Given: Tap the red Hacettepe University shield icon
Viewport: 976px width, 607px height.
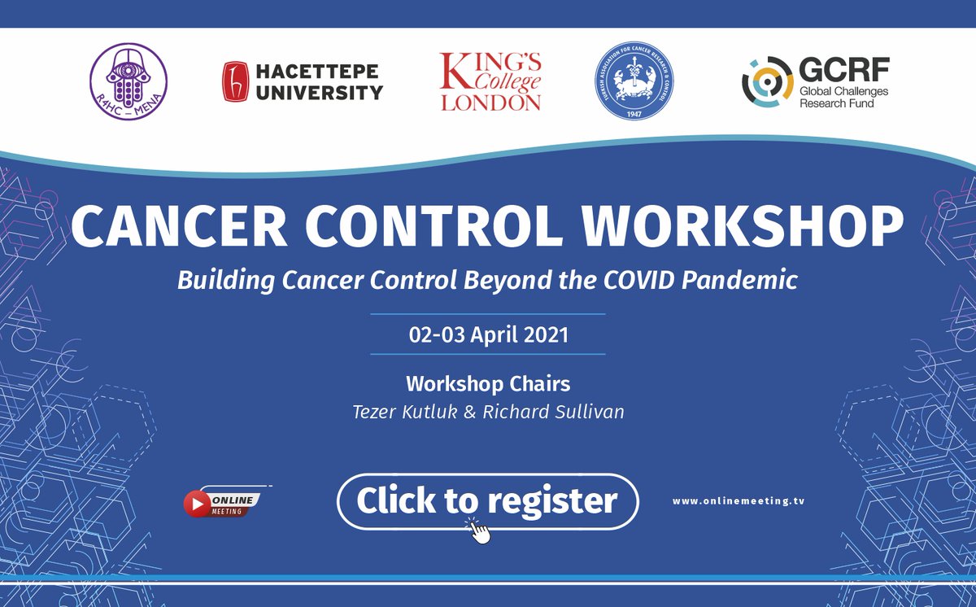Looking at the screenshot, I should [x=234, y=82].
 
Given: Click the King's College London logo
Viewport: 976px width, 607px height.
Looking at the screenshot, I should [x=490, y=81].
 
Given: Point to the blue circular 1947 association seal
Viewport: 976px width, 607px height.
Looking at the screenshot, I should [x=631, y=81].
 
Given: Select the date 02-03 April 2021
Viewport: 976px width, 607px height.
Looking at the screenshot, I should [x=487, y=334].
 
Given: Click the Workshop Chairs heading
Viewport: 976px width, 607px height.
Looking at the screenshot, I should [x=487, y=383].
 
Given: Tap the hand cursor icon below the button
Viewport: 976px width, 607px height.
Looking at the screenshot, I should [x=480, y=532].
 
